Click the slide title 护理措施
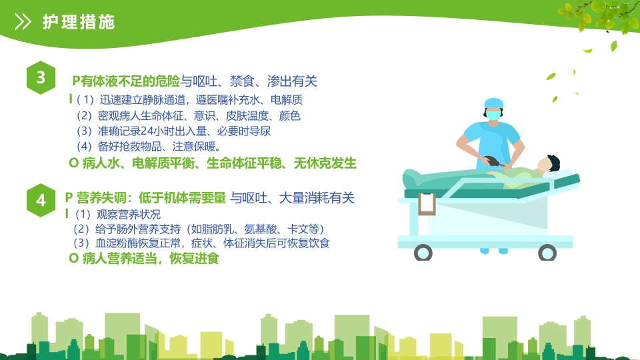tap(79, 22)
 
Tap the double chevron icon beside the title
tap(23, 22)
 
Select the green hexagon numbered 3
tap(41, 78)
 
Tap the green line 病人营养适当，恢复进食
tap(144, 259)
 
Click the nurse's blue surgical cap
tap(493, 103)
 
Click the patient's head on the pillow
tap(551, 164)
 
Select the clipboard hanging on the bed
tap(427, 203)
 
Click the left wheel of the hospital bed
tap(423, 253)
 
